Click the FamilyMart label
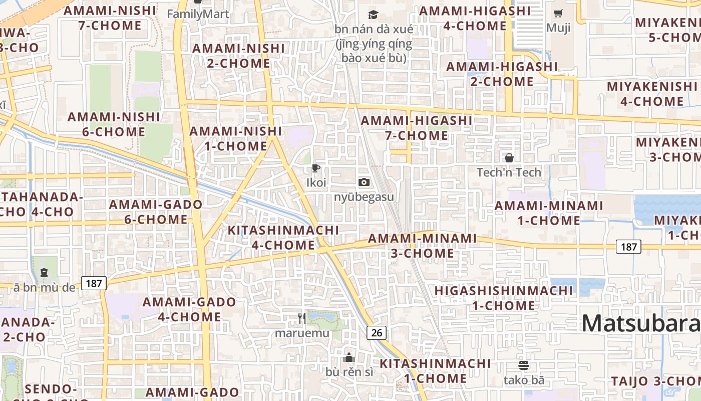(198, 14)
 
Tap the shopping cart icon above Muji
(558, 14)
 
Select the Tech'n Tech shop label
(509, 172)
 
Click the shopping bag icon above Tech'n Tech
(509, 158)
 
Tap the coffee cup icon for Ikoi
(315, 168)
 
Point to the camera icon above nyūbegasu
(364, 182)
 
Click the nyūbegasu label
(364, 196)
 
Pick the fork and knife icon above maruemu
(301, 318)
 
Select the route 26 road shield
(377, 332)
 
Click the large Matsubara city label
(641, 323)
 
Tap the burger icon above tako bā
(524, 365)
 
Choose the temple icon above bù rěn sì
(349, 357)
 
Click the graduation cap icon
(374, 15)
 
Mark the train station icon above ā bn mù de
(44, 273)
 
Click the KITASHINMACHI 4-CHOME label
(283, 238)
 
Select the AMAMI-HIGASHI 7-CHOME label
(417, 128)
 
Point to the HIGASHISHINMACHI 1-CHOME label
(503, 298)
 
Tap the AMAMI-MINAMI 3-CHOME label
(422, 246)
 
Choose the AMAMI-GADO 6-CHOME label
(155, 212)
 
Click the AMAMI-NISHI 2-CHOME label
(238, 56)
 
